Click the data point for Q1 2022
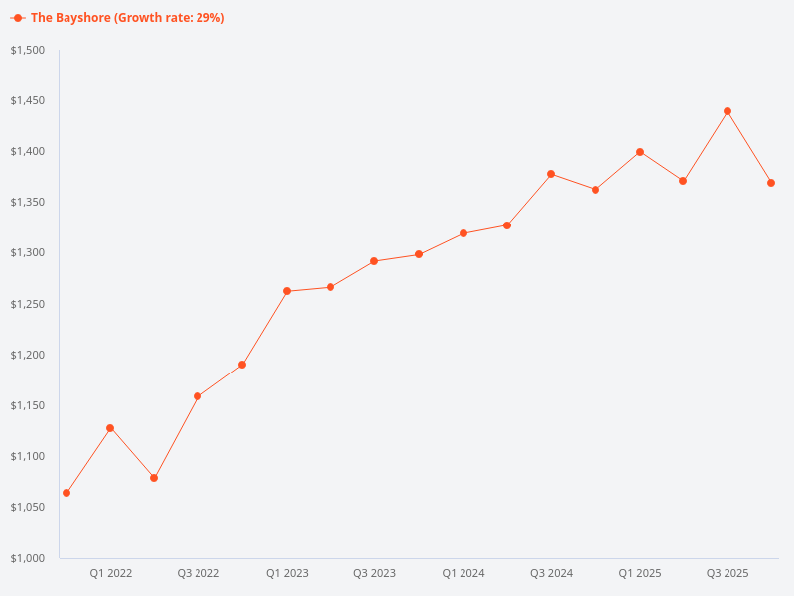(x=110, y=428)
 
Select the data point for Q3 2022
(x=198, y=396)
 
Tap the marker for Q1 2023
(x=287, y=291)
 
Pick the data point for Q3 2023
(x=374, y=261)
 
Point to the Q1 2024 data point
(x=463, y=233)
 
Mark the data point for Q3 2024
(x=551, y=174)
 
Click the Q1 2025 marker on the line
(x=640, y=152)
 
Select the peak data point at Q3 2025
(x=728, y=111)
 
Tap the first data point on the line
(x=66, y=493)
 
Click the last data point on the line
(x=771, y=183)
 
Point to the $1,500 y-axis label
(x=29, y=50)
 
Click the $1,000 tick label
(x=29, y=558)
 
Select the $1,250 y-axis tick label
(x=29, y=304)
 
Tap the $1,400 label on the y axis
(x=29, y=151)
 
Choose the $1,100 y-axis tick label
(x=29, y=456)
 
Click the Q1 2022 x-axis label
(x=111, y=573)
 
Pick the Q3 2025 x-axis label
(x=728, y=573)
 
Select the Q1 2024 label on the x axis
(x=463, y=573)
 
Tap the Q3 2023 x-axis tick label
(x=375, y=573)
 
